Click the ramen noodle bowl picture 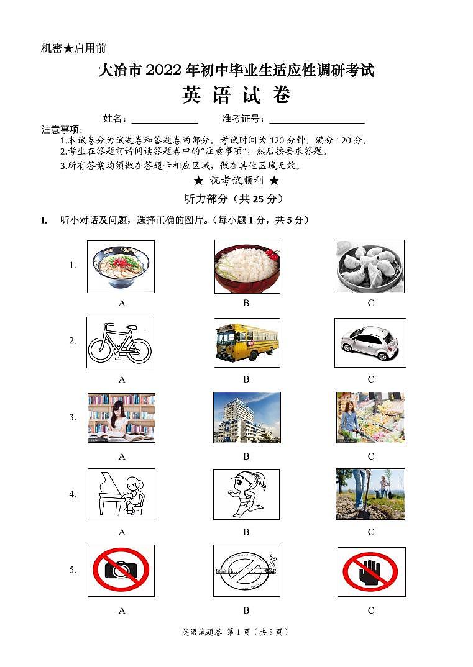[x=121, y=266]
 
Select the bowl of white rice [x=247, y=266]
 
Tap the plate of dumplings [x=370, y=266]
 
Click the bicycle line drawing [x=120, y=342]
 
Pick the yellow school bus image [x=247, y=342]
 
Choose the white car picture [x=370, y=342]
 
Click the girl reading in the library [x=121, y=417]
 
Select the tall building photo [x=247, y=417]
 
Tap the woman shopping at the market [x=370, y=417]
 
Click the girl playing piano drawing [x=121, y=494]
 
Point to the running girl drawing [x=246, y=494]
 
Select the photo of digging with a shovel [x=370, y=494]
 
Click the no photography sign [x=121, y=570]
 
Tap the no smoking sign [x=246, y=570]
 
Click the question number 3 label [x=73, y=417]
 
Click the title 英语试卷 [x=236, y=96]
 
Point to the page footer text [x=236, y=632]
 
